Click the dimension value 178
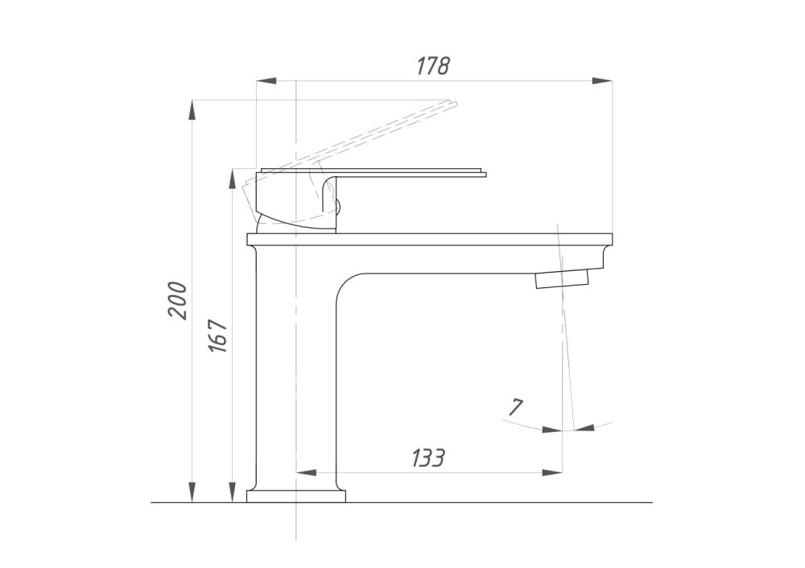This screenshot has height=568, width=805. tap(433, 66)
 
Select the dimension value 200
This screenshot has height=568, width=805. tap(178, 301)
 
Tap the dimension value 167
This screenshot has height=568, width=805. tap(218, 335)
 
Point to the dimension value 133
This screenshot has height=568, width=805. tap(427, 458)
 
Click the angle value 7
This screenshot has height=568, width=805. tap(515, 407)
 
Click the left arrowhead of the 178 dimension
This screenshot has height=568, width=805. tap(266, 80)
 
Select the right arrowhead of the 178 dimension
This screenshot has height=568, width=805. tap(602, 80)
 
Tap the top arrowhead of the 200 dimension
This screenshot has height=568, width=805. tap(192, 110)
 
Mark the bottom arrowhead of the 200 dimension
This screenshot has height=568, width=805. tap(192, 492)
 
